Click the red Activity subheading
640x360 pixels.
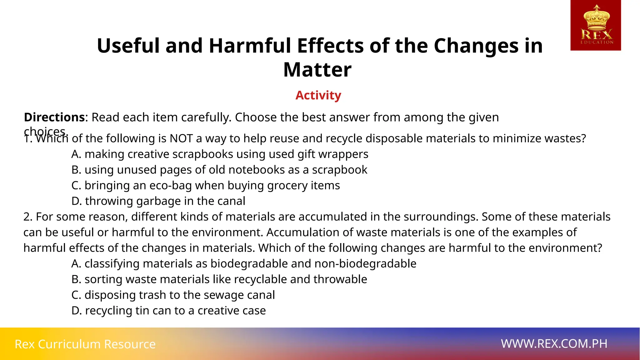coord(318,95)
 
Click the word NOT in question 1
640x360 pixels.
coord(181,138)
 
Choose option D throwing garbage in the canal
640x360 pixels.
coord(158,201)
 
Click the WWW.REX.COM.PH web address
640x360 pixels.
coord(554,344)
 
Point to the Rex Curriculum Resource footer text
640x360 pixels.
coord(85,344)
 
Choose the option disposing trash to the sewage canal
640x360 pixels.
coord(173,295)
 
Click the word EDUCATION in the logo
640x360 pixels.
coord(597,42)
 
